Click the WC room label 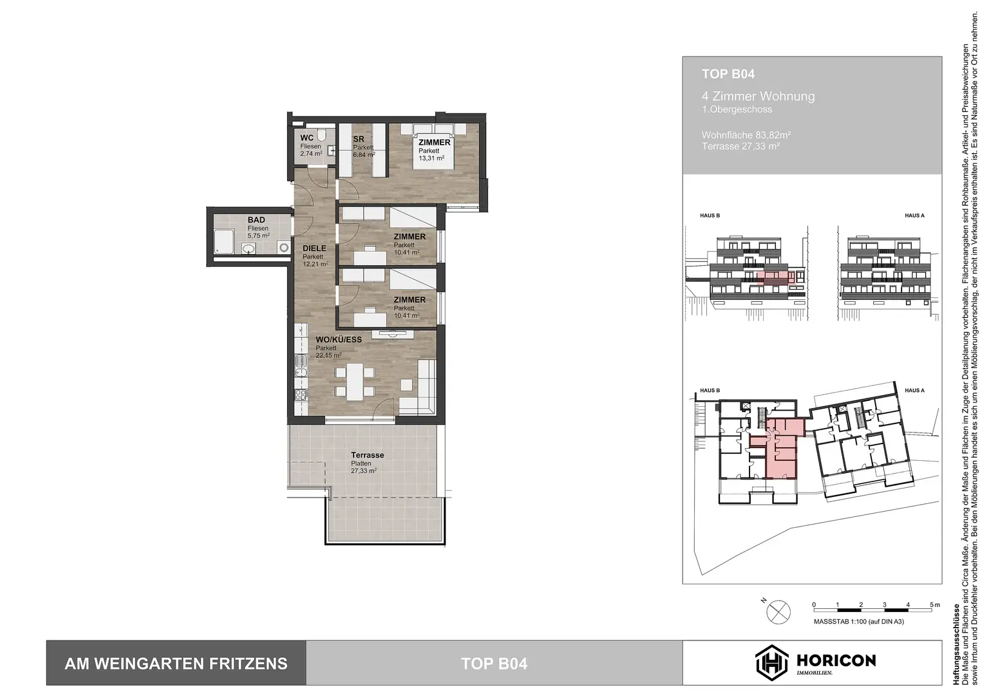pyautogui.click(x=307, y=138)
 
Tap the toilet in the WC pyautogui.click(x=321, y=135)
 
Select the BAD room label pyautogui.click(x=256, y=220)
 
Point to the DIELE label pyautogui.click(x=314, y=248)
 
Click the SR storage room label pyautogui.click(x=359, y=139)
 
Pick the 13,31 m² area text pyautogui.click(x=431, y=158)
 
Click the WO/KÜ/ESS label pyautogui.click(x=339, y=340)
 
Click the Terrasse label pyautogui.click(x=368, y=455)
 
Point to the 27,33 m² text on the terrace pyautogui.click(x=364, y=471)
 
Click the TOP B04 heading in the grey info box pyautogui.click(x=728, y=74)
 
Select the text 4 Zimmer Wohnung pyautogui.click(x=758, y=97)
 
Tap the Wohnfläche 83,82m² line pyautogui.click(x=746, y=135)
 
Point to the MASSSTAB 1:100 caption pyautogui.click(x=858, y=622)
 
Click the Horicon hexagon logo pyautogui.click(x=771, y=662)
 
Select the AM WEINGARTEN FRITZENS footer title pyautogui.click(x=176, y=664)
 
